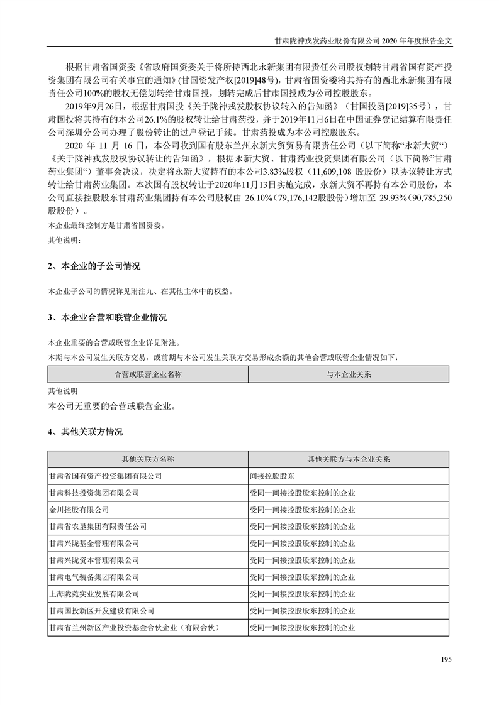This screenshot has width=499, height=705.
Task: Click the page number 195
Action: pos(446,659)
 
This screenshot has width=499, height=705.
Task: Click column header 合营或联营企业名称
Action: pos(148,374)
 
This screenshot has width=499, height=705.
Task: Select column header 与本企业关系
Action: pos(349,374)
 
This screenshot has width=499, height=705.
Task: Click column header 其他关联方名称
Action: pos(148,459)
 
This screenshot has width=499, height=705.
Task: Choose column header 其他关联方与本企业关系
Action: pos(349,459)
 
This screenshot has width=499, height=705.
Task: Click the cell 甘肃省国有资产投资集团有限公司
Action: pos(105,476)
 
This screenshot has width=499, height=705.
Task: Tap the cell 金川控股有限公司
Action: pos(79,510)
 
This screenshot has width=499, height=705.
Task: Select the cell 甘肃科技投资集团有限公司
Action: pos(94,493)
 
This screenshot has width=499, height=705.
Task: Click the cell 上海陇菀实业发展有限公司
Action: pos(94,594)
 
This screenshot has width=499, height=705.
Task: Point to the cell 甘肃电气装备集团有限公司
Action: pos(94,577)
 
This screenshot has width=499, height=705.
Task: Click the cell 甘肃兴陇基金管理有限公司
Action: pos(94,544)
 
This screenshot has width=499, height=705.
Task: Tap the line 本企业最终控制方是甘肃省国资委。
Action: pos(106,226)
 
